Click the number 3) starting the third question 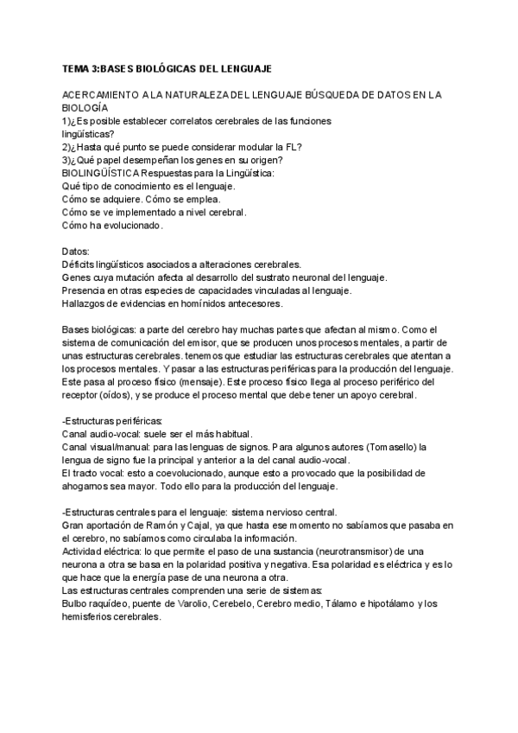67,160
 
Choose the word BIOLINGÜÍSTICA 102,173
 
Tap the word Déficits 81,264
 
